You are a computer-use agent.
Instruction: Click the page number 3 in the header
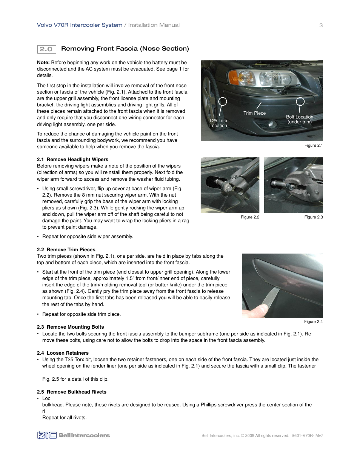click(x=321, y=25)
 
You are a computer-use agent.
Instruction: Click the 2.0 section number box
click(x=46, y=49)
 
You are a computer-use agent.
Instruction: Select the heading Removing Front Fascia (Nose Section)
click(x=125, y=49)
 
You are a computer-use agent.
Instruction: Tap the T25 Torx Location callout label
click(x=218, y=123)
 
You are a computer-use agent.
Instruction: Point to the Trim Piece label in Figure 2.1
click(x=254, y=113)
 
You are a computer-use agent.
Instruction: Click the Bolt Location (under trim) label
click(x=299, y=119)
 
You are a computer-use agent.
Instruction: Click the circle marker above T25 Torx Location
click(x=223, y=101)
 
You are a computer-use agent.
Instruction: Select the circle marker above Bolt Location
click(x=300, y=101)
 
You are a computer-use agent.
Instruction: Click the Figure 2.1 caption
click(x=313, y=146)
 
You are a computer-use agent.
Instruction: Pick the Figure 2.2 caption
click(x=250, y=217)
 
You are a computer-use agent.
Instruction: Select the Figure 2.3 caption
click(x=313, y=217)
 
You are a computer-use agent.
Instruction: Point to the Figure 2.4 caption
click(x=313, y=322)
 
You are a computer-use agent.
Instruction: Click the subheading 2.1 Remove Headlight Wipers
click(x=72, y=160)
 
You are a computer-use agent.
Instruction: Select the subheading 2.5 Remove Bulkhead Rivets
click(x=72, y=392)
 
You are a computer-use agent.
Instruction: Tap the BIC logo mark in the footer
click(x=47, y=435)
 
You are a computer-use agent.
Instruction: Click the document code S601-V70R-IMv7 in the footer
click(x=307, y=436)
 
